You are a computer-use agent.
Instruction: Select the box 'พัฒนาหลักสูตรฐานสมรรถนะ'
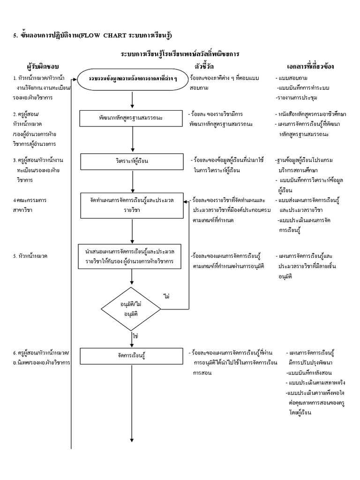click(133, 118)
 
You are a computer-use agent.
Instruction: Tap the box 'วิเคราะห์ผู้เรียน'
click(133, 161)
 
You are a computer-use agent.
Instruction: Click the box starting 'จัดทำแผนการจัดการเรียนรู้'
click(133, 205)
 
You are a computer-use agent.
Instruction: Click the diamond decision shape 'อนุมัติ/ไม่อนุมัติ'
click(133, 308)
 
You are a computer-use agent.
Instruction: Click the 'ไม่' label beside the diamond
click(166, 296)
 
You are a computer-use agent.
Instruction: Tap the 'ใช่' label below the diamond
click(135, 337)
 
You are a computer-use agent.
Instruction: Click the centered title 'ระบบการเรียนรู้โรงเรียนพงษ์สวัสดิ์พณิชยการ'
click(180, 54)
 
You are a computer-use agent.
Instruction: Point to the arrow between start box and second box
click(133, 99)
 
